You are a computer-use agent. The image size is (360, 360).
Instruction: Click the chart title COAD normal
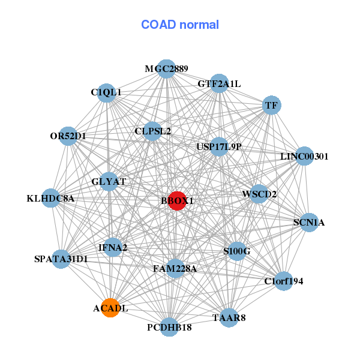tap(179, 25)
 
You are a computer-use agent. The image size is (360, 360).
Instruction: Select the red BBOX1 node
tap(176, 201)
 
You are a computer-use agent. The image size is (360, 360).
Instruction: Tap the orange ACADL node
tap(110, 308)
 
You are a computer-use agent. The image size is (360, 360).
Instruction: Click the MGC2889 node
tap(166, 69)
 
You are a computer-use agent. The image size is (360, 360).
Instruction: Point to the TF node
tap(271, 106)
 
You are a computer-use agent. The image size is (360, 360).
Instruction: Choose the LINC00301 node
tap(304, 157)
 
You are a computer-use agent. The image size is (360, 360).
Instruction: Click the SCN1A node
tap(309, 223)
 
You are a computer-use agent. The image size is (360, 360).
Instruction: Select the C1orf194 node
tap(284, 280)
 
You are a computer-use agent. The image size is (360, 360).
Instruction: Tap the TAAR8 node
tap(229, 317)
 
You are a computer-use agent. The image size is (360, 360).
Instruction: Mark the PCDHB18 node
tap(169, 327)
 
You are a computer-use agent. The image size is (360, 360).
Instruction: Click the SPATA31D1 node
tap(61, 259)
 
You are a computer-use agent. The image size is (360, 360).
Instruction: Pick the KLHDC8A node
tap(51, 198)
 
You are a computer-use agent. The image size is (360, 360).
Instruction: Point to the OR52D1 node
tap(68, 136)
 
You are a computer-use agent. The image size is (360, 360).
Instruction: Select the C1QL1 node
tap(106, 92)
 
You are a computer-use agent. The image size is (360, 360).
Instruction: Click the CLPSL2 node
tap(152, 131)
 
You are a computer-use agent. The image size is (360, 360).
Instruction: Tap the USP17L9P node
tap(219, 146)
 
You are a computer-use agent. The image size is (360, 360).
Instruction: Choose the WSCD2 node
tap(259, 194)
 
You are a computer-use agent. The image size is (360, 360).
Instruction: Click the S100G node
tap(237, 251)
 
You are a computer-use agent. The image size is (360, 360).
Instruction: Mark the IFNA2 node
tap(113, 247)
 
